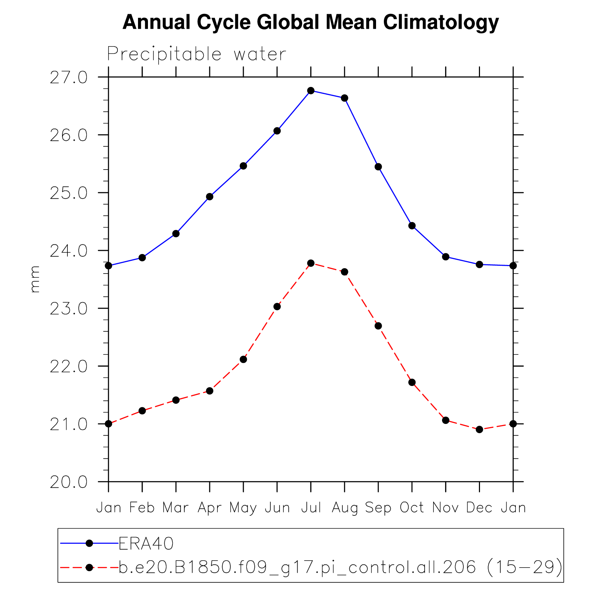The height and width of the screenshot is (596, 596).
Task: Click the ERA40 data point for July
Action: tap(311, 90)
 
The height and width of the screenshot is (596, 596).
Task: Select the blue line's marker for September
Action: tap(378, 167)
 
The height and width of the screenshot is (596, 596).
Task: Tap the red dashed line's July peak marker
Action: tap(311, 263)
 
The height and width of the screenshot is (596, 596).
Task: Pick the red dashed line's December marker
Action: tap(479, 429)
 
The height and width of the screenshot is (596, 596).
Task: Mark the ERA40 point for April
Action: tap(210, 197)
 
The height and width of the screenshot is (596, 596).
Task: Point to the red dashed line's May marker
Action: tap(243, 359)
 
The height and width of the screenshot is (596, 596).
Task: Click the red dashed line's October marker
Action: tap(412, 382)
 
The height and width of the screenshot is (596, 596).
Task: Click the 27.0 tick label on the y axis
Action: tap(68, 77)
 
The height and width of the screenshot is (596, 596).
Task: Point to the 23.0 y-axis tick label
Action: tap(68, 309)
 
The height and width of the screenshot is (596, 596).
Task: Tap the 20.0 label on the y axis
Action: tap(68, 482)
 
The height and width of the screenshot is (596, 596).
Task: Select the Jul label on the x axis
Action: tap(311, 507)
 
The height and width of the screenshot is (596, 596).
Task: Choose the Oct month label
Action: tap(412, 507)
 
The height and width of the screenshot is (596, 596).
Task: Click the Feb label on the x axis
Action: tap(142, 507)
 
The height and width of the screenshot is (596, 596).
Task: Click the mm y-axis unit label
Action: tap(35, 279)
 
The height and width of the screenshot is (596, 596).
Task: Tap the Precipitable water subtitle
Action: tap(196, 54)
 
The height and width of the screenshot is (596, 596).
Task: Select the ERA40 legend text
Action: tap(146, 543)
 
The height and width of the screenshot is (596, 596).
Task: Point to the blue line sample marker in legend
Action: tap(89, 543)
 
